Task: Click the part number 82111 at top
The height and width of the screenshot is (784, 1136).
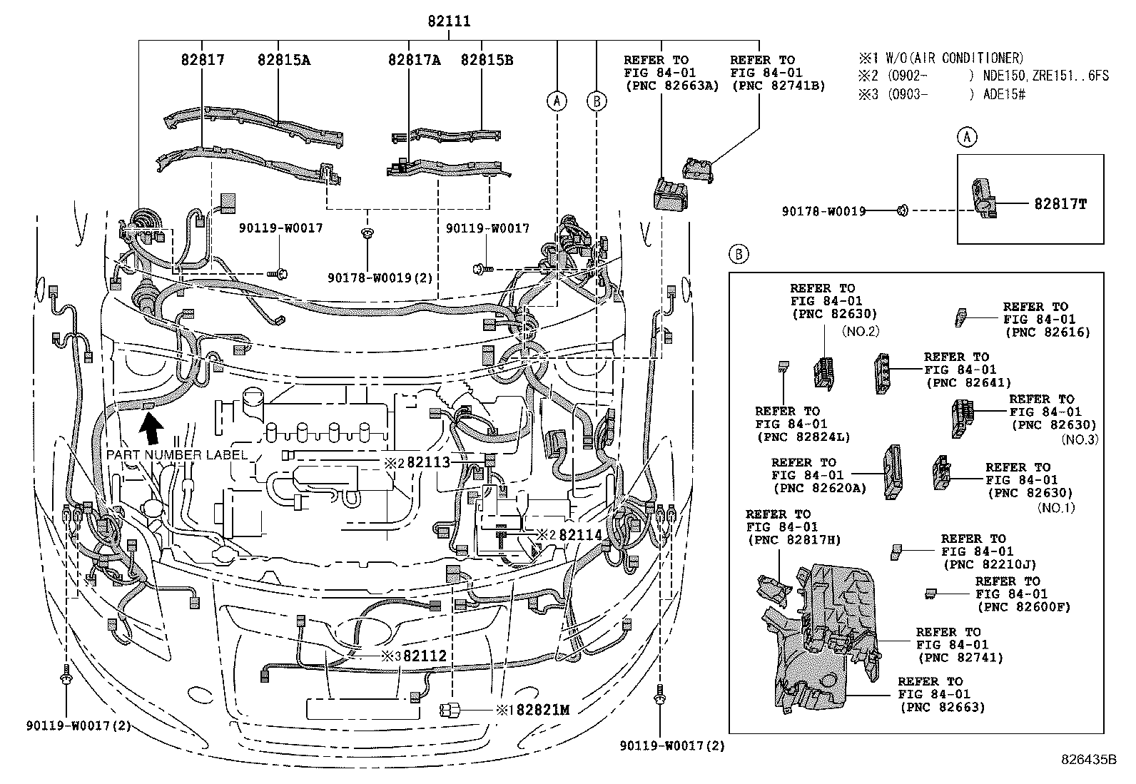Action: (x=449, y=22)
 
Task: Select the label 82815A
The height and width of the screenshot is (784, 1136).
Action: (x=284, y=61)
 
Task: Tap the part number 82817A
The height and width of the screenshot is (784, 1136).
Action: (x=414, y=61)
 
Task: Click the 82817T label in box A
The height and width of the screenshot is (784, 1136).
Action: (x=1060, y=204)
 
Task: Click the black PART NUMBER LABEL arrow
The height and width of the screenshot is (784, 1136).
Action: (x=151, y=431)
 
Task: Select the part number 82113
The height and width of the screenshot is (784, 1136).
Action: (x=428, y=462)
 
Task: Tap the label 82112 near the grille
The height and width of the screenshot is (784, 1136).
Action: (x=425, y=656)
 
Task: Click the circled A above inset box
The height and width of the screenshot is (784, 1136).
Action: (x=966, y=137)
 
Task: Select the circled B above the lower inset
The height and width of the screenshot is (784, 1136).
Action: (x=739, y=254)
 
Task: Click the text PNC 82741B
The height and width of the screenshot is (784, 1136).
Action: (x=779, y=86)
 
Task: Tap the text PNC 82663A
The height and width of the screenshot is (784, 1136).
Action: (x=671, y=86)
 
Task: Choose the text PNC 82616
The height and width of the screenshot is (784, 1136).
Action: (x=1047, y=332)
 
